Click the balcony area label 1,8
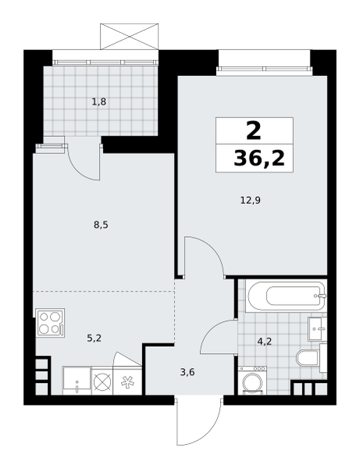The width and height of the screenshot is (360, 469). coord(99,102)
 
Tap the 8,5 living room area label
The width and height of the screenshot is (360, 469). coord(101,224)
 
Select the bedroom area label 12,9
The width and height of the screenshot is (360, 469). coord(251,200)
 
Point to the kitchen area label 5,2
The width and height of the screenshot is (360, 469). coord(94,338)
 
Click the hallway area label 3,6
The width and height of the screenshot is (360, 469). coord(187,372)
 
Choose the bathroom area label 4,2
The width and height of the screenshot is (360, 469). coord(265,341)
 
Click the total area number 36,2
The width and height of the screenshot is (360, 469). coord(259,158)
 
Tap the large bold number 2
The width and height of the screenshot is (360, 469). coord(254,131)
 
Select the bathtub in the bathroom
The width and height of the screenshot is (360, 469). coord(286,296)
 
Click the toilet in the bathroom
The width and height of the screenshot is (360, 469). coord(311,358)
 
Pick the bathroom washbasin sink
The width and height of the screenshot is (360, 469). coord(317,329)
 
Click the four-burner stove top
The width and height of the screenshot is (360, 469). coord(50,323)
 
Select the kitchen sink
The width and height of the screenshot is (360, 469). coord(77,381)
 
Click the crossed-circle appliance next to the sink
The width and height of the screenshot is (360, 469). coord(102,381)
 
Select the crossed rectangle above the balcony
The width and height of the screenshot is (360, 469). coord(129,37)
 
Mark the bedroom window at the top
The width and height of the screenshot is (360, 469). coord(265,70)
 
